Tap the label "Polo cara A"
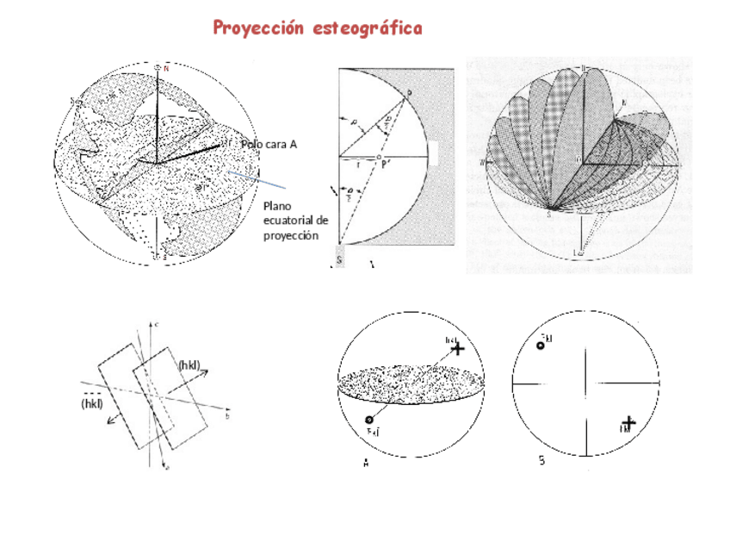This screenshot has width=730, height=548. [x=269, y=145]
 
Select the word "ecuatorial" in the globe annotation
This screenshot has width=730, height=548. [x=296, y=220]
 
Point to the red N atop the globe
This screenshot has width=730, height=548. [x=166, y=69]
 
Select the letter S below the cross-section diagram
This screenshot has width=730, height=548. [x=339, y=258]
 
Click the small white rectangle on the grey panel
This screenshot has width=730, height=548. [x=435, y=153]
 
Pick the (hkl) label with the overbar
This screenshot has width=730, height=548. [x=92, y=402]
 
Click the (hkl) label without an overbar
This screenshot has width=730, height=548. [x=189, y=365]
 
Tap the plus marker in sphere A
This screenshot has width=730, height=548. [x=457, y=348]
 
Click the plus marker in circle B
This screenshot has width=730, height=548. [x=628, y=422]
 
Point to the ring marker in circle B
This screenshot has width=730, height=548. [x=541, y=346]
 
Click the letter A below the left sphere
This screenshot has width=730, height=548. [x=366, y=463]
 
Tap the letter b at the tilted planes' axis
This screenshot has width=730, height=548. [x=226, y=415]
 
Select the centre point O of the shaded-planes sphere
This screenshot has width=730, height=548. [x=585, y=160]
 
